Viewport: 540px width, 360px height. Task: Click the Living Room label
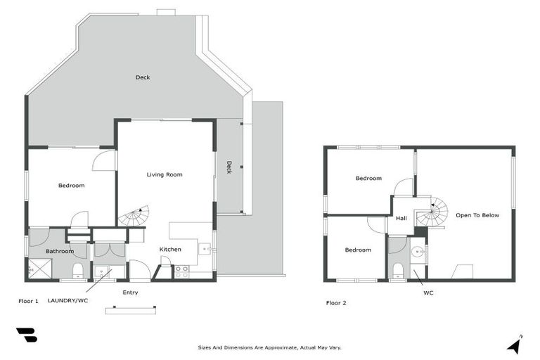coord(165,174)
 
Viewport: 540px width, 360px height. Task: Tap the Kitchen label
coord(170,250)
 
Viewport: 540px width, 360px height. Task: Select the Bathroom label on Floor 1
coord(60,251)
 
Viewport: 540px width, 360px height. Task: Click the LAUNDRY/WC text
coord(68,301)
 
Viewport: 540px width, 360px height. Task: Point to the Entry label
coord(130,292)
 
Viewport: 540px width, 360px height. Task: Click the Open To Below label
coord(477,215)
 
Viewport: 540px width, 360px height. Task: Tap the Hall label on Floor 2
coord(401,219)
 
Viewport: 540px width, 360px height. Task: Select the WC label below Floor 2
coord(428,292)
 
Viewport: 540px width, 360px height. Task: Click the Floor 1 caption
coord(28,301)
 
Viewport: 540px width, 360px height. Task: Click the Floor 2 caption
coord(336,303)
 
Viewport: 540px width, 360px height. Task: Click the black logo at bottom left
coord(26,335)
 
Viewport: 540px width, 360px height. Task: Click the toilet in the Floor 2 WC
coord(397,270)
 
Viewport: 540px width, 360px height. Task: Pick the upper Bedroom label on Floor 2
coord(368,179)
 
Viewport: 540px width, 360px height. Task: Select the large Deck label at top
coord(143,77)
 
